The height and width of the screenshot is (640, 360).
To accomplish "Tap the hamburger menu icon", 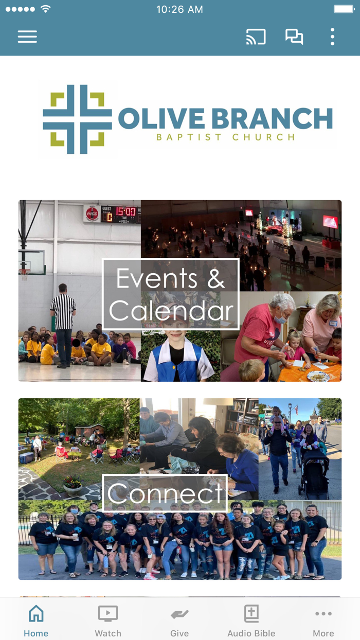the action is (27, 37).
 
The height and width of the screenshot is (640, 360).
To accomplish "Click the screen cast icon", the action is (256, 37).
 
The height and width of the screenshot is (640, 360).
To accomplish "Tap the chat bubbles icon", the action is (294, 37).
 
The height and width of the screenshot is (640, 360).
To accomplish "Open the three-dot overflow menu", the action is (332, 37).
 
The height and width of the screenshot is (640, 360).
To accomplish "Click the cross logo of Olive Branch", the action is (77, 119).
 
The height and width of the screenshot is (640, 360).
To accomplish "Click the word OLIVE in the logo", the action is (161, 118).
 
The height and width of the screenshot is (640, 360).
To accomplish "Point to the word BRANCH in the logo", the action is (272, 118).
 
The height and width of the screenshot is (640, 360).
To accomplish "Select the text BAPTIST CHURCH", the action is (226, 137).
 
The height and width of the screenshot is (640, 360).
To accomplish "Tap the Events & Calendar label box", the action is (171, 294).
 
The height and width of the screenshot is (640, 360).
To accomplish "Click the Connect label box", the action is (165, 493).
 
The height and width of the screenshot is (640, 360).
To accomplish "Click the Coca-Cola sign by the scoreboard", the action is (92, 214).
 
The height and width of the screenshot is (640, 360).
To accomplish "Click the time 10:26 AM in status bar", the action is (179, 9).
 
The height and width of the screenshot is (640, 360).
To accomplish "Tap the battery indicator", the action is (345, 9).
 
